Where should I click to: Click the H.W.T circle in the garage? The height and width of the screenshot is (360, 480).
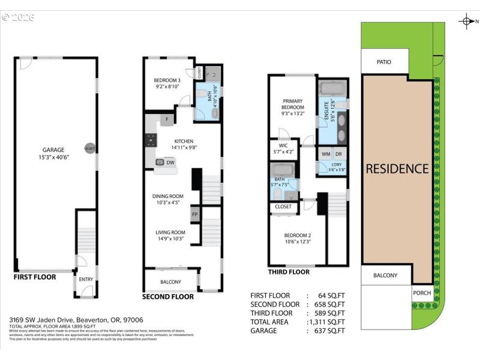(89, 149)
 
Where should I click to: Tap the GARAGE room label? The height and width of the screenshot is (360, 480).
(53, 150)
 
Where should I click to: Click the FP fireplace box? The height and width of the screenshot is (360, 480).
(195, 214)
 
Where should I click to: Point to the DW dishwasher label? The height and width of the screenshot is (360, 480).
(170, 162)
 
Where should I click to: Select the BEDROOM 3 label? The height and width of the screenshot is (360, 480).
(167, 80)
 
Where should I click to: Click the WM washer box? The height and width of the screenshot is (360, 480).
(326, 154)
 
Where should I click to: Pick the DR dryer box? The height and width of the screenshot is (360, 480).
(338, 154)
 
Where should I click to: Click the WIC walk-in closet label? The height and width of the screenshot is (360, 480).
(283, 145)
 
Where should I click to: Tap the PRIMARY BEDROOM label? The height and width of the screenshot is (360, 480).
(292, 104)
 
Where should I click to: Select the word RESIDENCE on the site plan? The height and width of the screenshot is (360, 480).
(397, 169)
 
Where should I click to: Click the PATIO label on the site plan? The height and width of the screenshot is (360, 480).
(384, 61)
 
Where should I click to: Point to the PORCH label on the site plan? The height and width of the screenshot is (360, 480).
(422, 293)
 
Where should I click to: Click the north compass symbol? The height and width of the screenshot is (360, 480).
(466, 22)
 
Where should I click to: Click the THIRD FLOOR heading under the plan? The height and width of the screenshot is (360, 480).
(289, 272)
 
